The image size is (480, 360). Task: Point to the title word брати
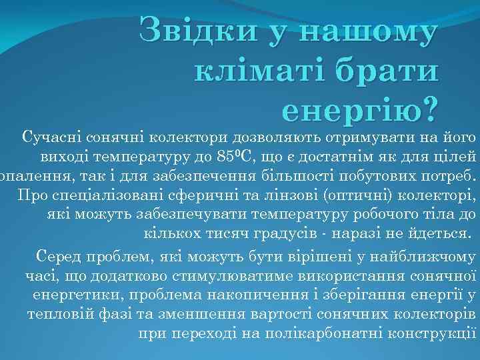pos(389,69)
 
